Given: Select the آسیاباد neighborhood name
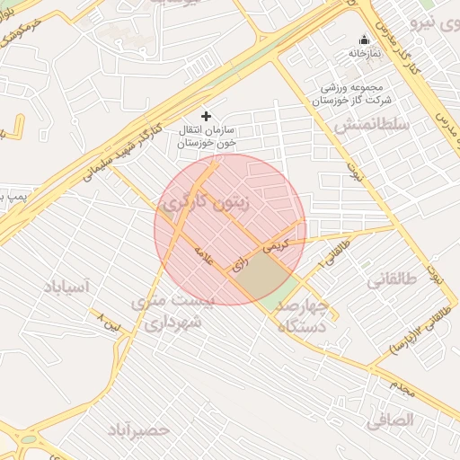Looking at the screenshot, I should click(67, 287).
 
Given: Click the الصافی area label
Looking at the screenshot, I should click(390, 420).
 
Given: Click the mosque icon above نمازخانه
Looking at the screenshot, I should click(364, 40).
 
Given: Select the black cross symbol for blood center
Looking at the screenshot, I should click(207, 116).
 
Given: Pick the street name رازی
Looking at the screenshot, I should click(239, 265).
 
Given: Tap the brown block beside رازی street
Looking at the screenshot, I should click(265, 276).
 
